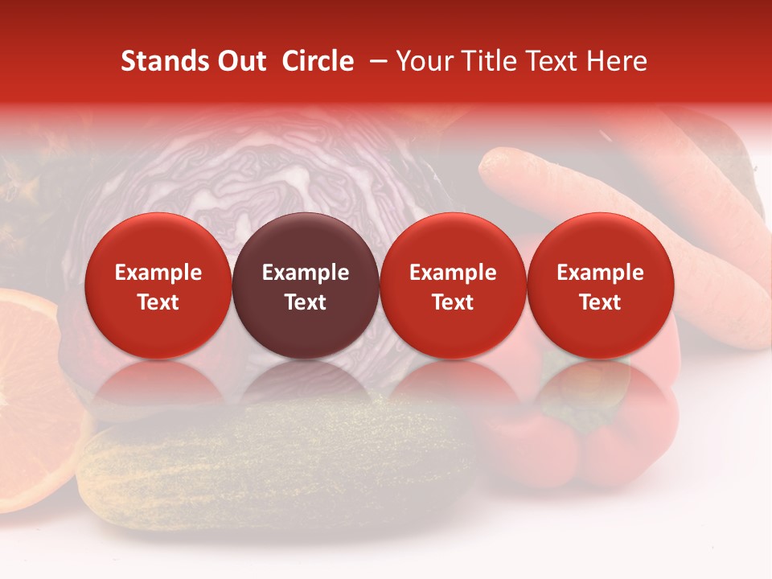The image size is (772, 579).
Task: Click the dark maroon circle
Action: (x=306, y=285)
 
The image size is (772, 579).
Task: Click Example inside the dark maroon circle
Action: (x=306, y=273)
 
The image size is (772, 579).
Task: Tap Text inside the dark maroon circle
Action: (x=306, y=302)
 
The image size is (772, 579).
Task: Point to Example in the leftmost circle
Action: (x=158, y=273)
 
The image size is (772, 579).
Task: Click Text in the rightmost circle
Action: (x=600, y=302)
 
